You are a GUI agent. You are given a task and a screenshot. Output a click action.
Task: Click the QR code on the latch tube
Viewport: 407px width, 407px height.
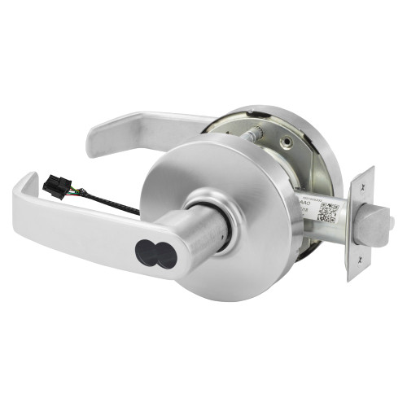coord(327,211)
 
